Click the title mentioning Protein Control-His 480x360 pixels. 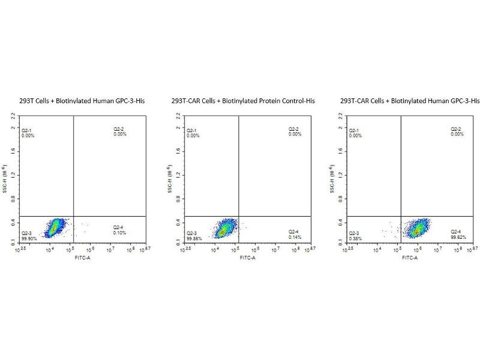pyautogui.click(x=242, y=101)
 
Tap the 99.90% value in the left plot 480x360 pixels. pyautogui.click(x=29, y=238)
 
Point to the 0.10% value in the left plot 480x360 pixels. pyautogui.click(x=119, y=232)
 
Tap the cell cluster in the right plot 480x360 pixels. pyautogui.click(x=419, y=228)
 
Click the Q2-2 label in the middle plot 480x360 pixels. pyautogui.click(x=294, y=130)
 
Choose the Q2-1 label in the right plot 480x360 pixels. pyautogui.click(x=356, y=130)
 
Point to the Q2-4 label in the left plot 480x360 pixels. pyautogui.click(x=119, y=227)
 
